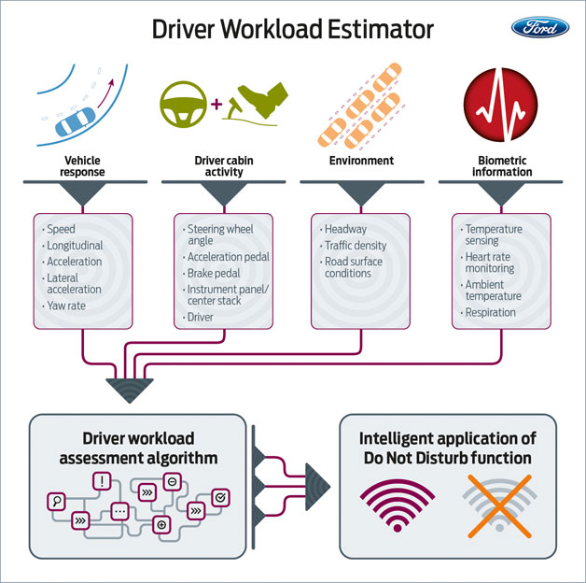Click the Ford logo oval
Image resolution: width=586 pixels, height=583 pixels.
[540, 28]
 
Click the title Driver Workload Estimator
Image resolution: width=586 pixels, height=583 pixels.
[293, 30]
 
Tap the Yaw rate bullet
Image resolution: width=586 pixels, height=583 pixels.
[69, 305]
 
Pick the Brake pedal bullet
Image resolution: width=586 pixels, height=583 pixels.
[214, 274]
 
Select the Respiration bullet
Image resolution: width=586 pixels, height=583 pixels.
[491, 312]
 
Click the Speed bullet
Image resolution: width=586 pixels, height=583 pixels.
[63, 229]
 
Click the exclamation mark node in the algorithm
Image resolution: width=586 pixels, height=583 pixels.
[100, 482]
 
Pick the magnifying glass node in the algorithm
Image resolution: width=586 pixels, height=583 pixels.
[57, 502]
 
